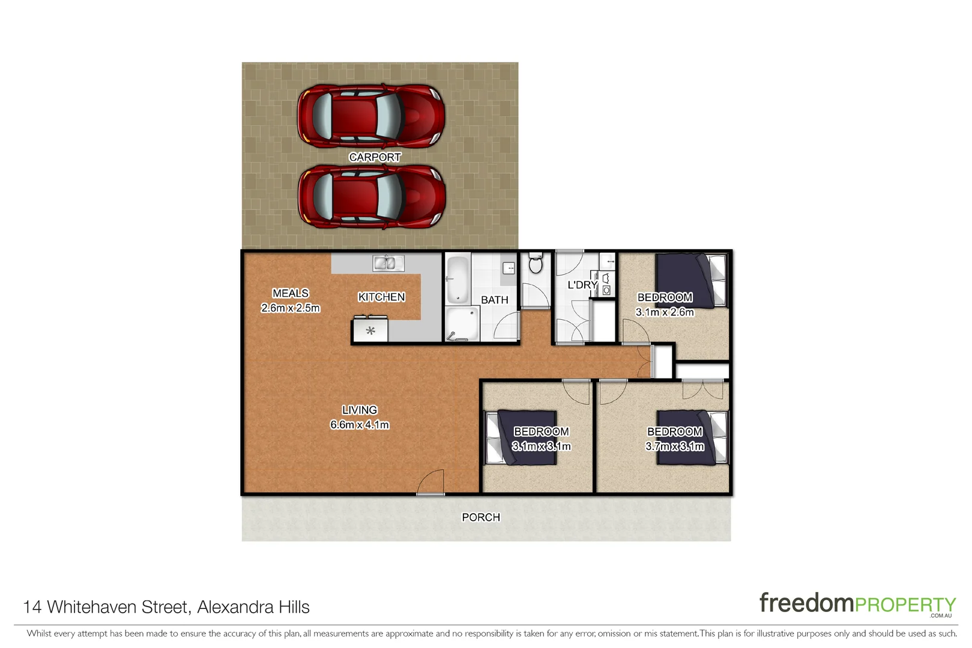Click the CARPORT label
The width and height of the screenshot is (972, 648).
(375, 157)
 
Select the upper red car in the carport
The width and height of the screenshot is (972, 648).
(371, 116)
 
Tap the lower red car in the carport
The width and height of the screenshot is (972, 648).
(371, 197)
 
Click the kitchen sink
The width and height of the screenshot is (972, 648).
(388, 263)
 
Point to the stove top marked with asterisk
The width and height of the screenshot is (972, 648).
(370, 331)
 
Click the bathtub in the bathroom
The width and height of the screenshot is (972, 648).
(457, 280)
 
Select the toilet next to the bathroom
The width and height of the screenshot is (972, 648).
(536, 263)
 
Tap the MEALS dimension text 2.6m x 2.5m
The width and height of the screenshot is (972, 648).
(291, 308)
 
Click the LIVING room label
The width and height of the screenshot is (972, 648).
(360, 410)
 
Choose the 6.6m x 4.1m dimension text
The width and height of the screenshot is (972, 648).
(360, 425)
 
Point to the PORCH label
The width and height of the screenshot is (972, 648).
(480, 517)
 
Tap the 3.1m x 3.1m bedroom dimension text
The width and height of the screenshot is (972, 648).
(542, 446)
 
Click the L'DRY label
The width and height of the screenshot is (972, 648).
(582, 285)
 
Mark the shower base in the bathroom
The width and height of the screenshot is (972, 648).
(462, 325)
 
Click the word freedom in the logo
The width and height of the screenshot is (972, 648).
(806, 602)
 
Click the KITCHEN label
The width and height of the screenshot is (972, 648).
(381, 297)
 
